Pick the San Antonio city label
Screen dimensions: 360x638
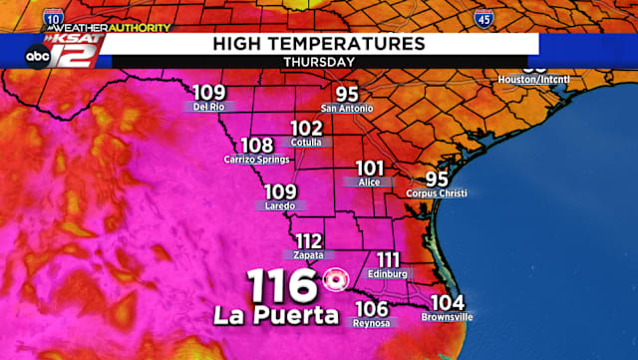[x=347, y=107]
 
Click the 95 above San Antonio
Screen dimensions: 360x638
[x=346, y=92]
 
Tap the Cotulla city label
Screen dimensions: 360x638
[x=307, y=143]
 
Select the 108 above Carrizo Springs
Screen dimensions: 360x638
[x=258, y=146]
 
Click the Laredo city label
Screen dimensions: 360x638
[x=280, y=206]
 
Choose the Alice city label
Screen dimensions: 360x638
[x=369, y=182]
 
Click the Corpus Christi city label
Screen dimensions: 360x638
[x=438, y=193]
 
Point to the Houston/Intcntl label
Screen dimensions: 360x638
[x=535, y=78]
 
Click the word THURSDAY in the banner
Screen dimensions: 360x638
[x=318, y=61]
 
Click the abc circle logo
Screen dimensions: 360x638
[x=37, y=57]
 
